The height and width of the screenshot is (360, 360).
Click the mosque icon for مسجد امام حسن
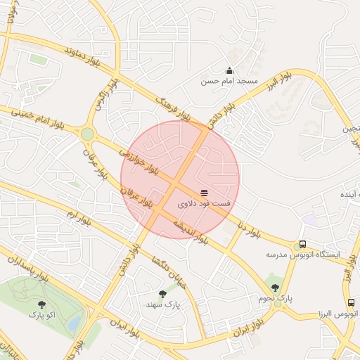229,70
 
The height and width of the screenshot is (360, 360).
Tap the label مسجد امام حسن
230,82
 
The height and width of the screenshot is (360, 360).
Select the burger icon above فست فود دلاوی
204,192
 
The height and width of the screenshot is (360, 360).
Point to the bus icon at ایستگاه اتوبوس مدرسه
302,244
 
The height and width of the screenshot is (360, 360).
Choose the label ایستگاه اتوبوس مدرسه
302,255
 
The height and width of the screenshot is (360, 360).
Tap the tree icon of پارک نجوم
275,287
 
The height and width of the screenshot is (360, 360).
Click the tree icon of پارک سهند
163,294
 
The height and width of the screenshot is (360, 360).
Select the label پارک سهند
163,304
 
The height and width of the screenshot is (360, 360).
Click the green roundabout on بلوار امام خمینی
87,134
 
